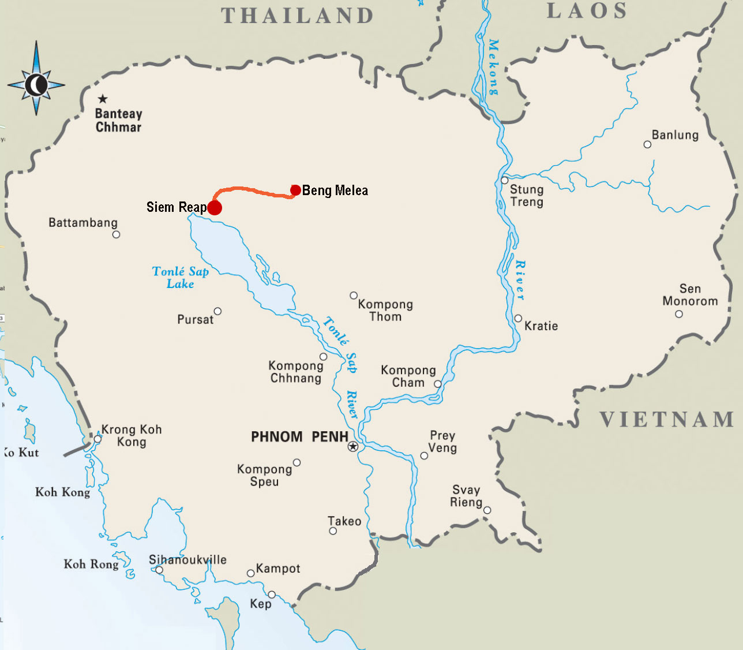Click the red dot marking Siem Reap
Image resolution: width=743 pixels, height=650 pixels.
[x=214, y=208]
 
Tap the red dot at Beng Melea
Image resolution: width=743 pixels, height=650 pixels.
[x=295, y=190]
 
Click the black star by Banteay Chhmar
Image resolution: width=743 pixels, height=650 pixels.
[x=103, y=99]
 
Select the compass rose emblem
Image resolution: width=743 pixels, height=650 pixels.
[x=36, y=85]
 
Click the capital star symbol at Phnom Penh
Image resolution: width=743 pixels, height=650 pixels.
[x=353, y=446]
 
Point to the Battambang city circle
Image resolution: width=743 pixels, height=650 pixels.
[x=116, y=234]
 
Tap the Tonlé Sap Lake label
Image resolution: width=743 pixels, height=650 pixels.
[x=180, y=278]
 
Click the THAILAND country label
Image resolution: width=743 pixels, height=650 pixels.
[x=298, y=16]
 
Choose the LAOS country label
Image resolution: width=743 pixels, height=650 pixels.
[x=587, y=11]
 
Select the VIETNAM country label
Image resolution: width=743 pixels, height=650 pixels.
[x=667, y=420]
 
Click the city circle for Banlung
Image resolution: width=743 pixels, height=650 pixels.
[x=647, y=144]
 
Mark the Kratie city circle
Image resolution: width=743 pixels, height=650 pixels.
[x=518, y=319]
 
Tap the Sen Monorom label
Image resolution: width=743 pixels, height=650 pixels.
[x=690, y=295]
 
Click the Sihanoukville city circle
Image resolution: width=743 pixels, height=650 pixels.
[x=159, y=570]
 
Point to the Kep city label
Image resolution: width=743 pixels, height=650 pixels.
[x=261, y=604]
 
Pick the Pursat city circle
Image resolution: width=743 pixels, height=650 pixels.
[x=217, y=311]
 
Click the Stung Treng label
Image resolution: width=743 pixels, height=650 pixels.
[x=526, y=196]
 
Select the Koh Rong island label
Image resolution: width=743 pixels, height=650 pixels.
[x=91, y=564]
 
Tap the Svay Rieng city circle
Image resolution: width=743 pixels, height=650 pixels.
[x=487, y=510]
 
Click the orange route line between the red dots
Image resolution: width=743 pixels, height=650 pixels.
[x=254, y=189]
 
